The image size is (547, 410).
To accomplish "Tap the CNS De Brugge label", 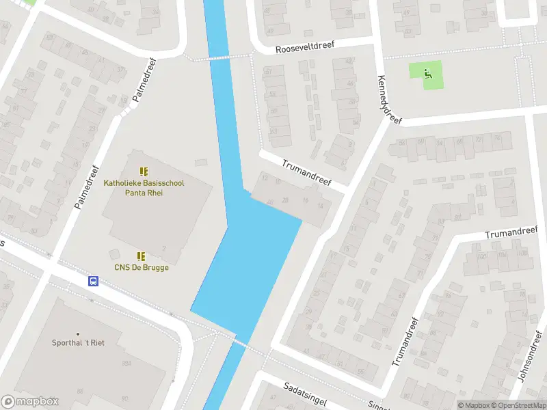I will pos(142,267).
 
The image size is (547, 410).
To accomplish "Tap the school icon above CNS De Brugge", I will pos(142,256).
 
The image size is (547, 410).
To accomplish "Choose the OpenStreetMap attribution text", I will pos(517,405).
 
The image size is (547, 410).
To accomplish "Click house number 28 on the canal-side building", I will pos(285,200).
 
